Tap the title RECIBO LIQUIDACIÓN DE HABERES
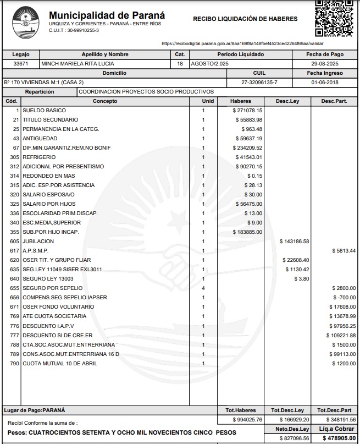[245, 19]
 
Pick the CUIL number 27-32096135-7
[259, 82]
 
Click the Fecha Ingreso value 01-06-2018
[325, 82]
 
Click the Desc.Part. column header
[334, 101]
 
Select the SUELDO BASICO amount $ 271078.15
[247, 111]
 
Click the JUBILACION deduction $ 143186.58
[294, 242]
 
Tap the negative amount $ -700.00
[345, 297]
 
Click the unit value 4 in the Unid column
[203, 288]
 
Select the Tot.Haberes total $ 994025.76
[247, 419]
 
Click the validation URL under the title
[242, 43]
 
